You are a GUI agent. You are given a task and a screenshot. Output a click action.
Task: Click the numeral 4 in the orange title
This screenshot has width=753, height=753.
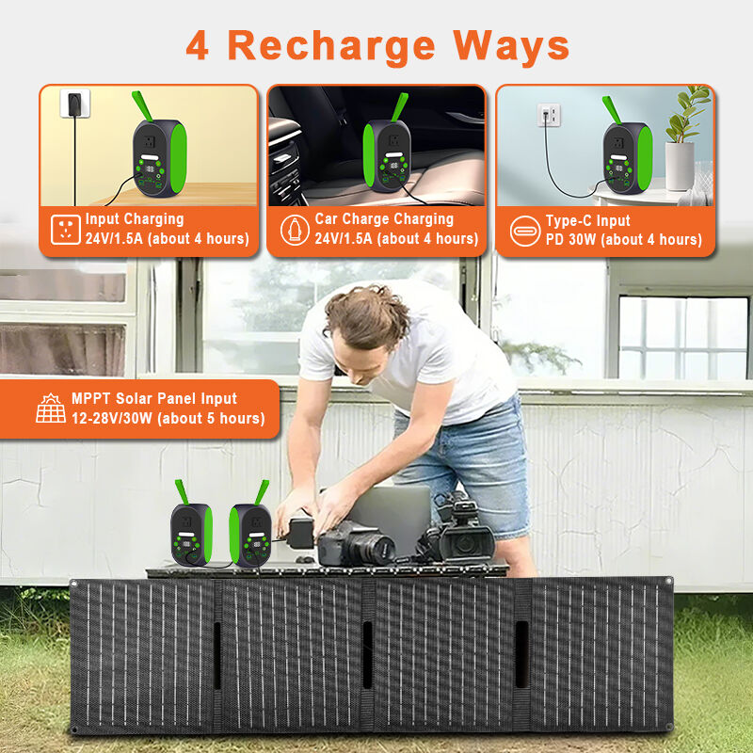click(198, 45)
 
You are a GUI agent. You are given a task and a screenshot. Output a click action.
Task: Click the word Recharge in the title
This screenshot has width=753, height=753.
click(331, 46)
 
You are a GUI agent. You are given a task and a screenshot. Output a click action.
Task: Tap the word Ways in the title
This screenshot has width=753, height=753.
click(511, 45)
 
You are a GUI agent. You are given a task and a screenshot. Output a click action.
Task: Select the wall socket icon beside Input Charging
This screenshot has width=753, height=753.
click(65, 230)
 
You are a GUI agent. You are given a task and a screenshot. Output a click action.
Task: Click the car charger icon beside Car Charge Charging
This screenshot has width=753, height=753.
click(295, 230)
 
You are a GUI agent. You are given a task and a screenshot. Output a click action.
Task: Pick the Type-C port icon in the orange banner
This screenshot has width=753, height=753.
click(525, 231)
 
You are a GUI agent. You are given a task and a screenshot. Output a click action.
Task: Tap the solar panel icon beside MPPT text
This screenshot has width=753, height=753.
click(51, 409)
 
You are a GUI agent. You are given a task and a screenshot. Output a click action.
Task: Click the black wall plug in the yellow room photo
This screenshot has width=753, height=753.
click(74, 104)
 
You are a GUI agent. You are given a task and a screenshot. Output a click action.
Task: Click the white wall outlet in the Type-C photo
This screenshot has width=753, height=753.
click(549, 115)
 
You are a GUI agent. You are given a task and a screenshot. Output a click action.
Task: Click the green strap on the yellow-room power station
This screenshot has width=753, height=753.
click(142, 105)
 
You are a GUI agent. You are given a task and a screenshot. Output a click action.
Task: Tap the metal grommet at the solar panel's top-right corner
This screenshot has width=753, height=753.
click(668, 582)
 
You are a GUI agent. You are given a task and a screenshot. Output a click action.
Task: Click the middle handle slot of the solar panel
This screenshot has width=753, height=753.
click(367, 654)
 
